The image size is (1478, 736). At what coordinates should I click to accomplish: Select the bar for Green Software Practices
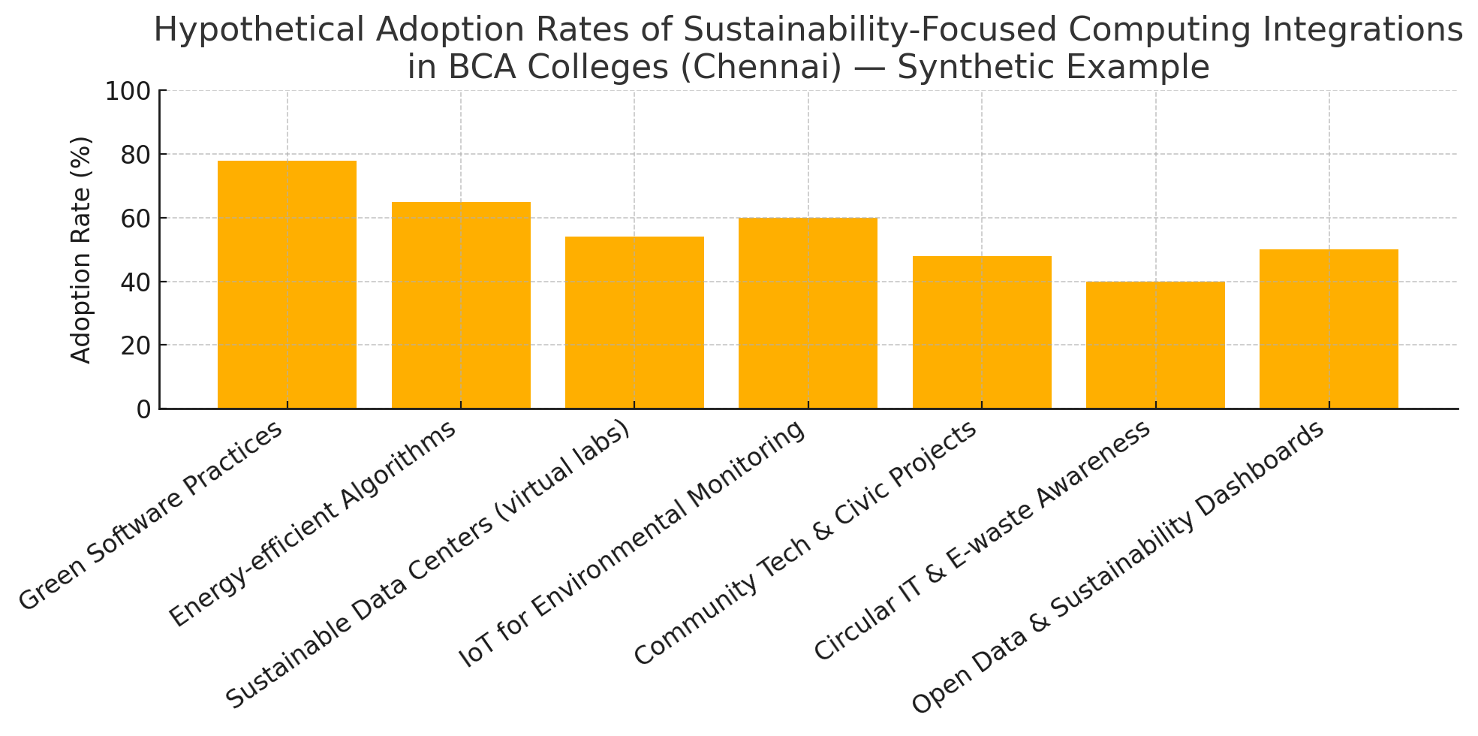pos(287,285)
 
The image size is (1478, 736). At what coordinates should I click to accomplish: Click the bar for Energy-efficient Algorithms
pos(461,306)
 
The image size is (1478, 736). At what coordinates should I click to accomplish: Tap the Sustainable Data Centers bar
pos(634,323)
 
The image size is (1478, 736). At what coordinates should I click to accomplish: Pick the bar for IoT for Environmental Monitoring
pos(808,313)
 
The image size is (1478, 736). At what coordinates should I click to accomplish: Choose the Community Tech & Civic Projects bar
pos(982,333)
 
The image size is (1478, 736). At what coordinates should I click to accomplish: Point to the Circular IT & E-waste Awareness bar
pos(1155,345)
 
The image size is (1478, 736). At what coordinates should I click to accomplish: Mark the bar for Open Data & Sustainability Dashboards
pos(1329,329)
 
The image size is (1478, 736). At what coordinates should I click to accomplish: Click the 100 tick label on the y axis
pos(130,91)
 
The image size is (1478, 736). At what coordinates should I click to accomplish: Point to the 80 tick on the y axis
pos(137,155)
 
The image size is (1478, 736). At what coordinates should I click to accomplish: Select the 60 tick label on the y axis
pos(137,219)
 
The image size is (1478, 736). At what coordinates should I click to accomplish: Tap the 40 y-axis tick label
pos(137,282)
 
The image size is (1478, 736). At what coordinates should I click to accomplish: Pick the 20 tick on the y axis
pos(137,345)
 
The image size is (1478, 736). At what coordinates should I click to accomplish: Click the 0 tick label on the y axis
pos(143,409)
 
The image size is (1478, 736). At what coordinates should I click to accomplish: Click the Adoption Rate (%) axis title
pos(81,250)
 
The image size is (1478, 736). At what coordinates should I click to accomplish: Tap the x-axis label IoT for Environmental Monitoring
pos(633,544)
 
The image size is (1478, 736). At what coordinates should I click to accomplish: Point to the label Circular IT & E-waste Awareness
pos(982,541)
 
